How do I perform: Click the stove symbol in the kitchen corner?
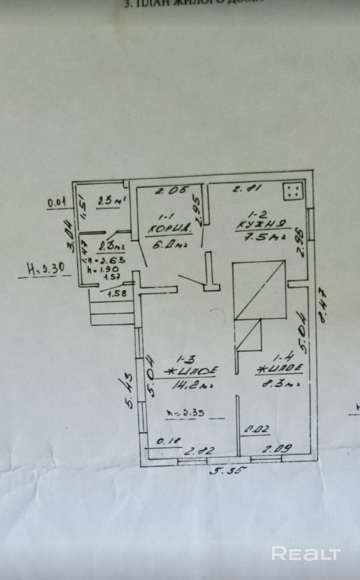click(293, 191)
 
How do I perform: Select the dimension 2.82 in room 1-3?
click(199, 451)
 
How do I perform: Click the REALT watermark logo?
click(306, 554)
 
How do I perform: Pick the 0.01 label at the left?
click(57, 202)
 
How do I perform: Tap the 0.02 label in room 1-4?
click(257, 430)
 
